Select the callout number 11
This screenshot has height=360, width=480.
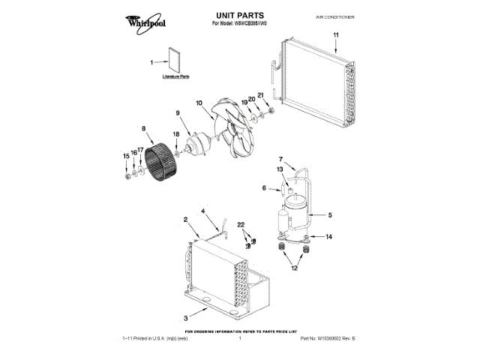pyautogui.click(x=336, y=36)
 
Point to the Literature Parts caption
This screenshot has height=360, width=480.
pyautogui.click(x=175, y=77)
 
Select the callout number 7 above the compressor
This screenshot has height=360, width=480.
pyautogui.click(x=281, y=159)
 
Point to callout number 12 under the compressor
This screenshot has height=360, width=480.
pyautogui.click(x=294, y=268)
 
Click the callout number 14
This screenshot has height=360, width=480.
pyautogui.click(x=328, y=237)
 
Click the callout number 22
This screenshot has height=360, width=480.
pyautogui.click(x=241, y=225)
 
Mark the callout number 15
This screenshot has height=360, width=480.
pyautogui.click(x=125, y=156)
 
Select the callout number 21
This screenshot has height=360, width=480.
pyautogui.click(x=261, y=94)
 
